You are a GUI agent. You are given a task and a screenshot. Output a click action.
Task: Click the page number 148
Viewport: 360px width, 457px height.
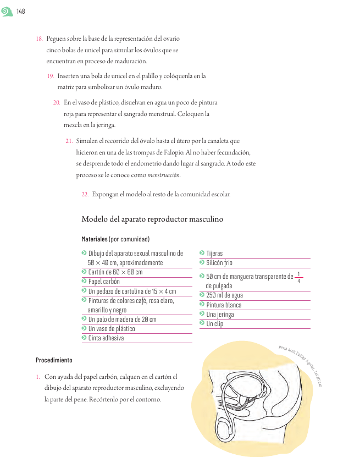[x=21, y=12]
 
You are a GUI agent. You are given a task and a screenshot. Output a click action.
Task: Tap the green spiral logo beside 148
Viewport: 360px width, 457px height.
[x=8, y=11]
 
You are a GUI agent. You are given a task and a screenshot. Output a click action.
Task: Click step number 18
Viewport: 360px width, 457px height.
[x=39, y=39]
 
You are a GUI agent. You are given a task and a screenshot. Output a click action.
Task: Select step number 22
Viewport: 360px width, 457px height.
[x=85, y=194]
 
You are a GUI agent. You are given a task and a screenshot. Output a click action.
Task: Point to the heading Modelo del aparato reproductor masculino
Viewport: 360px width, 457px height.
[x=152, y=219]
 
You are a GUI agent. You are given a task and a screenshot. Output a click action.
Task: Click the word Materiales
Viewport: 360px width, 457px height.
[x=94, y=239]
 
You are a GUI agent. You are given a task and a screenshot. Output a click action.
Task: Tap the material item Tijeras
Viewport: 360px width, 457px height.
[x=214, y=254]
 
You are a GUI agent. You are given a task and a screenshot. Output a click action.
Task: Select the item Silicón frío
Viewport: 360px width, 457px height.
[x=219, y=263]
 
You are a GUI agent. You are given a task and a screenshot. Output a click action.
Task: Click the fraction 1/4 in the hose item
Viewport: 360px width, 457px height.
[x=298, y=277]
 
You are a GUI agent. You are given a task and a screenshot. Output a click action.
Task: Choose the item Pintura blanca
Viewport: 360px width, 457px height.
[x=224, y=305]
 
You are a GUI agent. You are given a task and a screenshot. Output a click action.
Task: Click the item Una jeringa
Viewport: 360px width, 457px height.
[x=220, y=314]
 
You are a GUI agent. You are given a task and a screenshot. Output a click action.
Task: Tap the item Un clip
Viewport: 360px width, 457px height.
[x=214, y=323]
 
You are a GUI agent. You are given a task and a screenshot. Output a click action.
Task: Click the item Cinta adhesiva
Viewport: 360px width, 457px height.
[x=106, y=338]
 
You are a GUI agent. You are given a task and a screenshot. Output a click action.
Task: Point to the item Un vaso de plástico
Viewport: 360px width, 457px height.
[x=112, y=328]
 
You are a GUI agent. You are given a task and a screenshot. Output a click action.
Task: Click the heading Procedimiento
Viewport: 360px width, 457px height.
[x=54, y=360]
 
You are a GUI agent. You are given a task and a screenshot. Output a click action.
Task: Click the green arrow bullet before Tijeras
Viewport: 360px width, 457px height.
[x=202, y=253]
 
